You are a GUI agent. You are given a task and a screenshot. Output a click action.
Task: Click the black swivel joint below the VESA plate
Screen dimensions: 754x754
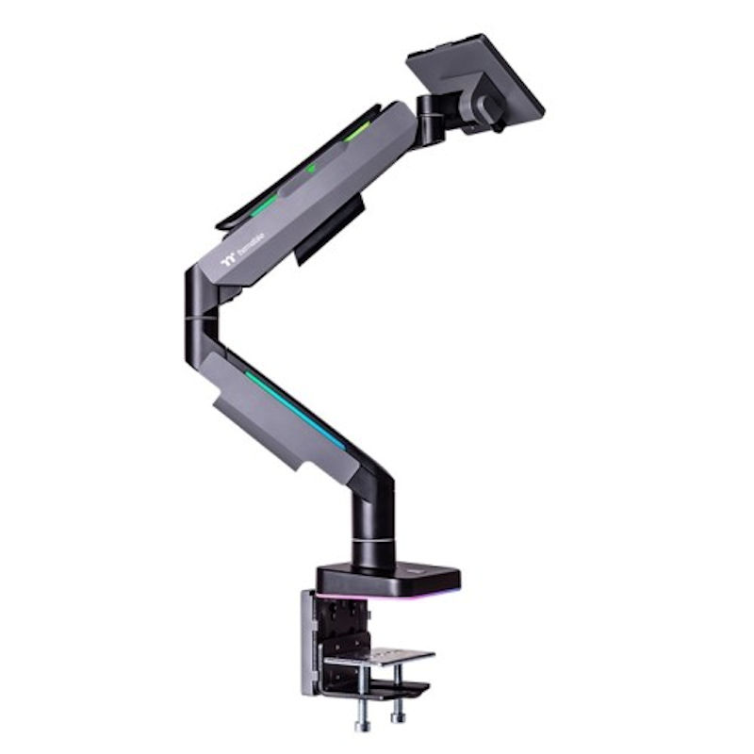[x=434, y=123]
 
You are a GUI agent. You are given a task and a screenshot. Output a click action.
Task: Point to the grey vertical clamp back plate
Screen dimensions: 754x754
[x=309, y=641]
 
